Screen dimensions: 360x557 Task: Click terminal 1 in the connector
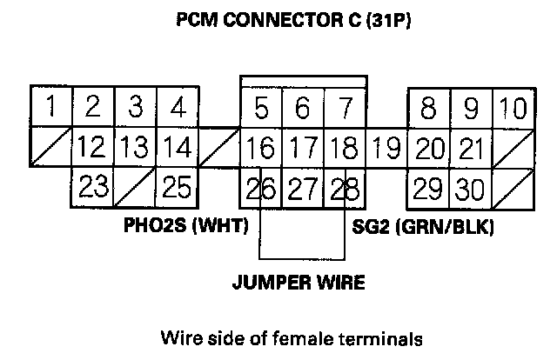[x=50, y=108]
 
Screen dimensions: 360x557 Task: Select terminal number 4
[x=177, y=108]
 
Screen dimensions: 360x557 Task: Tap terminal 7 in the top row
[x=345, y=109]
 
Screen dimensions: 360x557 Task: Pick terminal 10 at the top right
[x=513, y=109]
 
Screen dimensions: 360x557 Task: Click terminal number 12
[x=92, y=148]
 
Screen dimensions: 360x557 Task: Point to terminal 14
[x=177, y=148]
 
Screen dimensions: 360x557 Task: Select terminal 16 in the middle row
[x=260, y=148]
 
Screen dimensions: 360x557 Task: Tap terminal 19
[x=386, y=148]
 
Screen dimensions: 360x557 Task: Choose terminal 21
[x=471, y=148]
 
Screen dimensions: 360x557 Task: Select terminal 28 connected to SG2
[x=346, y=187]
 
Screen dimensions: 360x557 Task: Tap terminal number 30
[x=471, y=187]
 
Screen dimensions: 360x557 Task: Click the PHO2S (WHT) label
[x=188, y=228]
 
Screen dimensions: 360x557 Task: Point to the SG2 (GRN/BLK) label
[x=424, y=228]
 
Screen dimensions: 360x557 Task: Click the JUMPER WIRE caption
[x=299, y=283]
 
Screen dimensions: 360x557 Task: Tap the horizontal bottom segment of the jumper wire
[x=302, y=258]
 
